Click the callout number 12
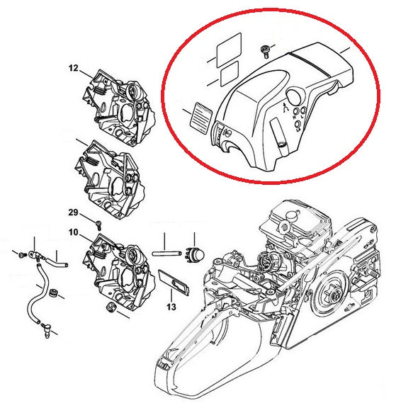click(73, 69)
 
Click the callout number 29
click(73, 212)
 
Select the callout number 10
click(73, 232)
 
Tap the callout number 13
click(171, 307)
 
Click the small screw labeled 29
click(98, 225)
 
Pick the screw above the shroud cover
click(265, 52)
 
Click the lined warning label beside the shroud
click(200, 118)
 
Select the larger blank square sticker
click(229, 50)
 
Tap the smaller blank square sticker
click(230, 74)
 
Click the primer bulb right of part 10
click(195, 254)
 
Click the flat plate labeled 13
click(174, 282)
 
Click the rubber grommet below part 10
click(111, 307)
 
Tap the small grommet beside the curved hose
click(54, 293)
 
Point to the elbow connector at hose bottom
click(46, 331)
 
